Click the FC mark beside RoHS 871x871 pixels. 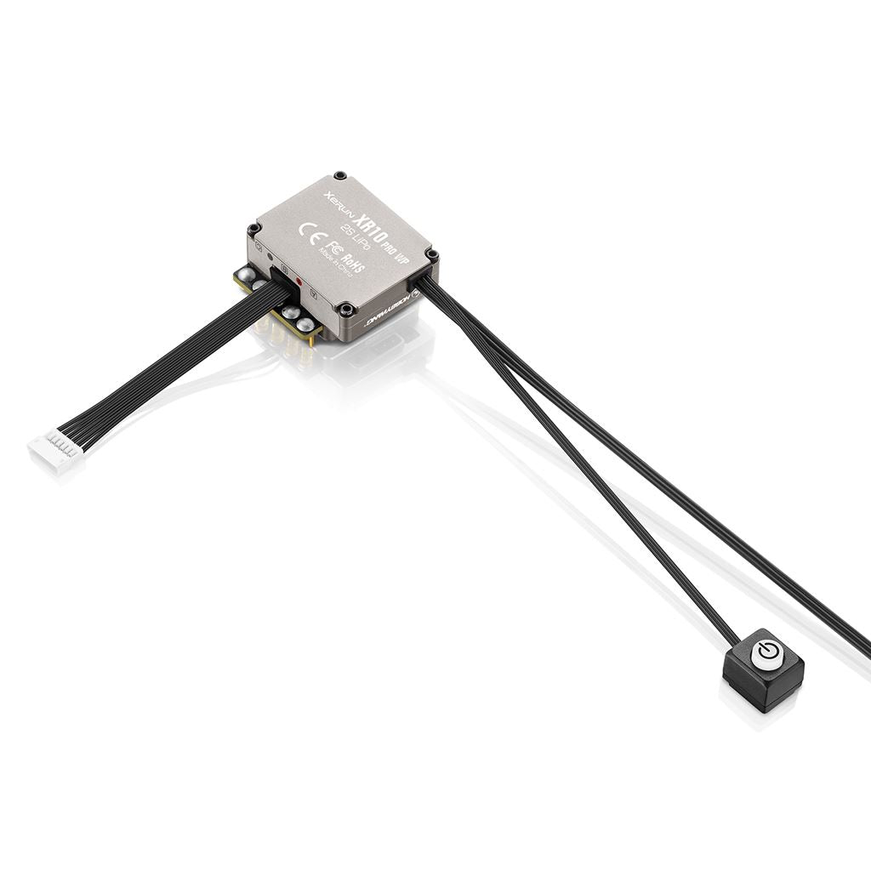334,248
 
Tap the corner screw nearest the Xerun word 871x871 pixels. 340,176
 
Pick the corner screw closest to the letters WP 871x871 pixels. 431,254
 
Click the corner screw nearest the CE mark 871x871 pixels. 253,229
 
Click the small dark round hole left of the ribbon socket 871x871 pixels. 270,256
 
